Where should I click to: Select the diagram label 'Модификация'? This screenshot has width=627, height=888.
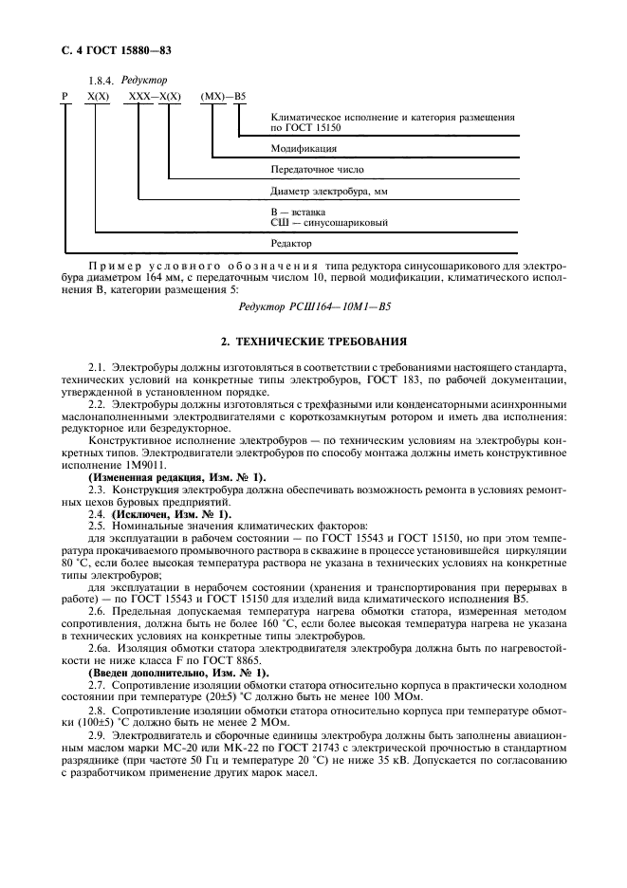click(x=304, y=149)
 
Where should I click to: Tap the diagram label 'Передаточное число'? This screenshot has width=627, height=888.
click(x=317, y=170)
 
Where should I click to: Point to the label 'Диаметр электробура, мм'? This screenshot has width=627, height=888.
click(x=329, y=191)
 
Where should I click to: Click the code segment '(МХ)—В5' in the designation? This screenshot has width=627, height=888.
click(x=224, y=98)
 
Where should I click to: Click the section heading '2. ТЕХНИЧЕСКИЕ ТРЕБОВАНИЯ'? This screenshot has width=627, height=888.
click(x=314, y=341)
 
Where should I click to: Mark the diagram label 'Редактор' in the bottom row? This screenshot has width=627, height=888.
click(x=290, y=244)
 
